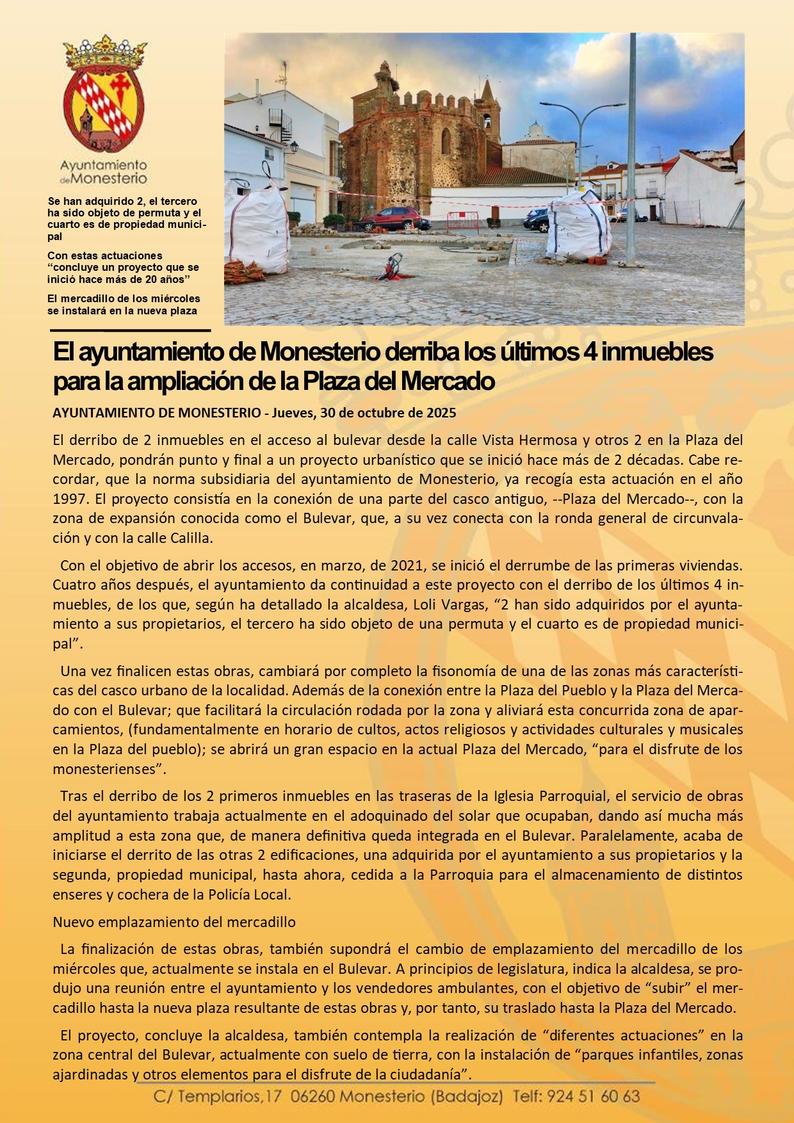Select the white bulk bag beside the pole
578,225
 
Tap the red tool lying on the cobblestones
391,266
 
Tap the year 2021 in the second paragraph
407,565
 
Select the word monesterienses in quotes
103,769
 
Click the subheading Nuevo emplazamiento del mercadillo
174,922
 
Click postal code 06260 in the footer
312,1097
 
